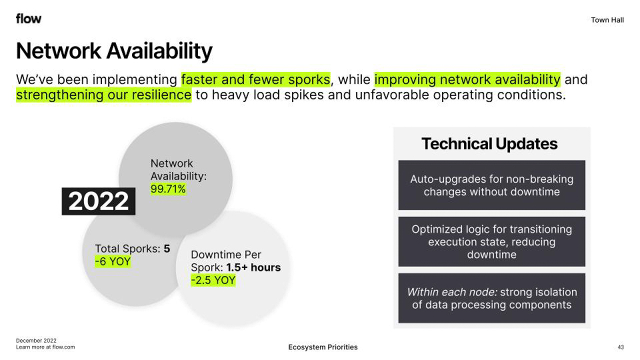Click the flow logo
[28, 19]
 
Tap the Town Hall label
[607, 20]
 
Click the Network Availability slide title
[114, 51]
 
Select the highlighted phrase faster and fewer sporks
[255, 79]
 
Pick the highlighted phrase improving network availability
[467, 79]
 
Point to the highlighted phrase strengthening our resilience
[103, 95]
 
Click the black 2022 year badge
[98, 201]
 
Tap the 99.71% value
[168, 189]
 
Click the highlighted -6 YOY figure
[113, 261]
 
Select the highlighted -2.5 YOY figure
[213, 280]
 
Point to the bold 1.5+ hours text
[253, 267]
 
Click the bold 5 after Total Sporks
[167, 249]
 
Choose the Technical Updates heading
[489, 143]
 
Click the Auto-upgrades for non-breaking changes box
[491, 185]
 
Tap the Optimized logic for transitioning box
[491, 241]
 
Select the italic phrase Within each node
[452, 292]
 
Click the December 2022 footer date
[36, 340]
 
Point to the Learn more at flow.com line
[45, 347]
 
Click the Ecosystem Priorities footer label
[323, 347]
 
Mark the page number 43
[620, 347]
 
